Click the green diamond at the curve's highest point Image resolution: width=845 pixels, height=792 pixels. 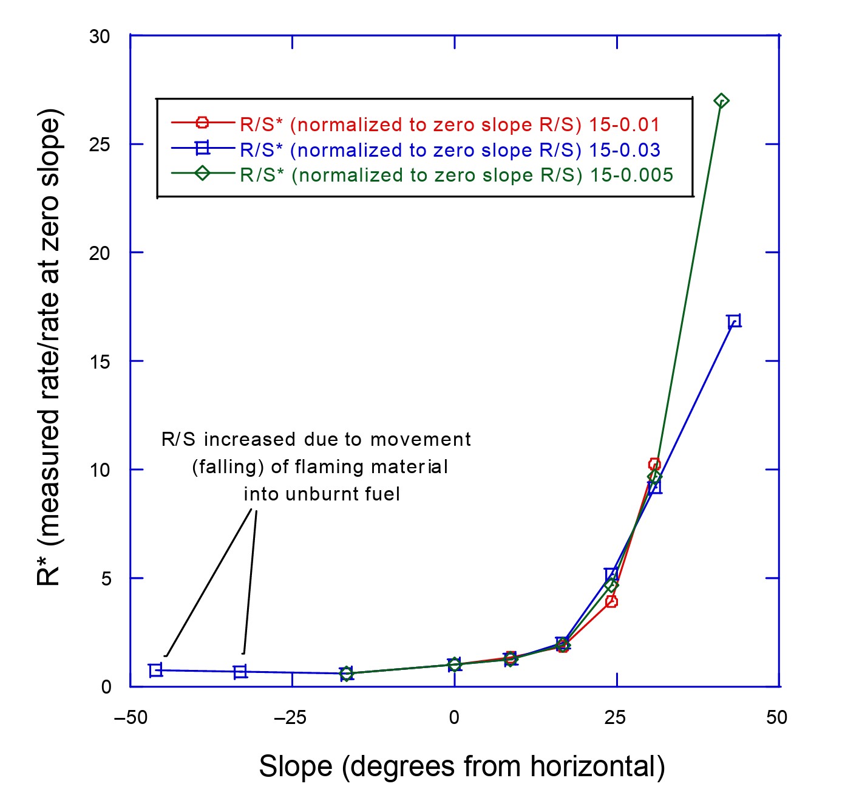tap(721, 101)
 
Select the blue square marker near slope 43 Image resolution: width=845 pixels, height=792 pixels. tap(734, 321)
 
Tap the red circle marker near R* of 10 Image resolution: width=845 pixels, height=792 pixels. tap(654, 465)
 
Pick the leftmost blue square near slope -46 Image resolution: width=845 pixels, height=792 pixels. tap(155, 670)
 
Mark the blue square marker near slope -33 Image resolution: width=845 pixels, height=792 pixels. tap(240, 672)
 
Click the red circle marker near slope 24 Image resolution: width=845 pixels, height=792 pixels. tap(611, 601)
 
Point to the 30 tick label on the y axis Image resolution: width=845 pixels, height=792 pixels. tap(100, 36)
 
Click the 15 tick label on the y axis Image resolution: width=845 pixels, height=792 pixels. tap(100, 361)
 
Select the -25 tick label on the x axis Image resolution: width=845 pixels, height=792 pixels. tap(290, 718)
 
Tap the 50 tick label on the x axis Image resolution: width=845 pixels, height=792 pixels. tap(776, 718)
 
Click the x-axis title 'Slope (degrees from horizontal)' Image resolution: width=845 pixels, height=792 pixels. tap(461, 766)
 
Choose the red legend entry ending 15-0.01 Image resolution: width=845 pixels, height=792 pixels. tap(449, 125)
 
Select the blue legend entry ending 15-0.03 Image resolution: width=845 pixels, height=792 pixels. tap(450, 150)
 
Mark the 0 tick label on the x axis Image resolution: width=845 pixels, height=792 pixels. tap(454, 718)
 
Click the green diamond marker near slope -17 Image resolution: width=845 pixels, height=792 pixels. tap(346, 673)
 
